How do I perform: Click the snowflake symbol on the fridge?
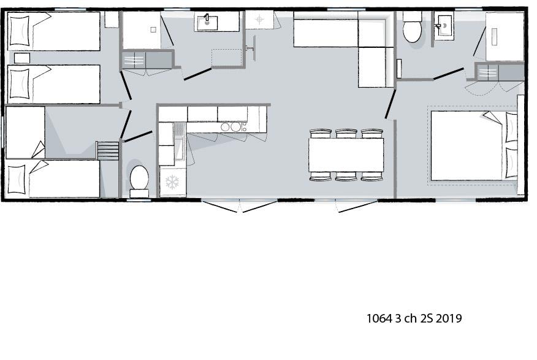click(x=172, y=182)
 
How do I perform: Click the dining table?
click(x=346, y=155)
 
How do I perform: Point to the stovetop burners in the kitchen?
click(x=234, y=127)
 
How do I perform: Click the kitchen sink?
click(x=180, y=142)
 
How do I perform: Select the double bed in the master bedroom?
click(x=474, y=145)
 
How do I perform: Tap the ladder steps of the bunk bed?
click(x=107, y=150)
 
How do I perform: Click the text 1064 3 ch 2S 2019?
click(x=414, y=318)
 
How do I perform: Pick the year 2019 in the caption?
click(x=449, y=318)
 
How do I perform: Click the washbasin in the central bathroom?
click(x=206, y=22)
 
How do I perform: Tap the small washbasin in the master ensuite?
click(x=444, y=25)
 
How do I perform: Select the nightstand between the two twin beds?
click(x=22, y=58)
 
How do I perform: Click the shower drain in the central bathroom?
click(x=153, y=30)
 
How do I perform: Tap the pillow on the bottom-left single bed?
click(x=17, y=179)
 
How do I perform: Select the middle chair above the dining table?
click(x=346, y=133)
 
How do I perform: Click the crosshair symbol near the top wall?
click(x=259, y=19)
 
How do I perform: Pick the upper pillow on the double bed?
click(x=511, y=127)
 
